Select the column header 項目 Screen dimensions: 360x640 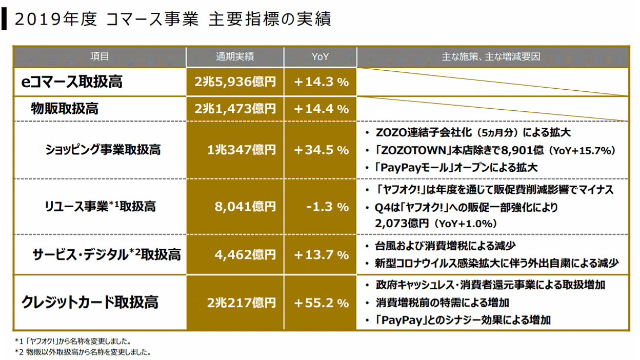click(x=99, y=57)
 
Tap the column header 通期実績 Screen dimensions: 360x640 click(x=235, y=57)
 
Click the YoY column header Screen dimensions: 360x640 click(x=320, y=57)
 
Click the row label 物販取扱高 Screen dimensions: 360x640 click(x=65, y=109)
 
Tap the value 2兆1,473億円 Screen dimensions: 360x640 click(x=235, y=109)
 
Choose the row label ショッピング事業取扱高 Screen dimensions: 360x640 click(x=103, y=150)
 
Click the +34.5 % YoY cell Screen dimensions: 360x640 click(x=321, y=150)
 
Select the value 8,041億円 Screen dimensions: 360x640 click(x=245, y=207)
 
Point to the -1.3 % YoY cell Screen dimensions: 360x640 click(x=327, y=207)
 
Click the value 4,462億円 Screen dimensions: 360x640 click(x=245, y=254)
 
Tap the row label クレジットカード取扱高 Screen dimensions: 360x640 click(x=90, y=302)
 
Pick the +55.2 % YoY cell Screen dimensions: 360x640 click(x=321, y=303)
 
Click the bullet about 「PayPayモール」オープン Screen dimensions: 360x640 click(x=456, y=168)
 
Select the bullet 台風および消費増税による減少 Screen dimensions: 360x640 click(x=446, y=245)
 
